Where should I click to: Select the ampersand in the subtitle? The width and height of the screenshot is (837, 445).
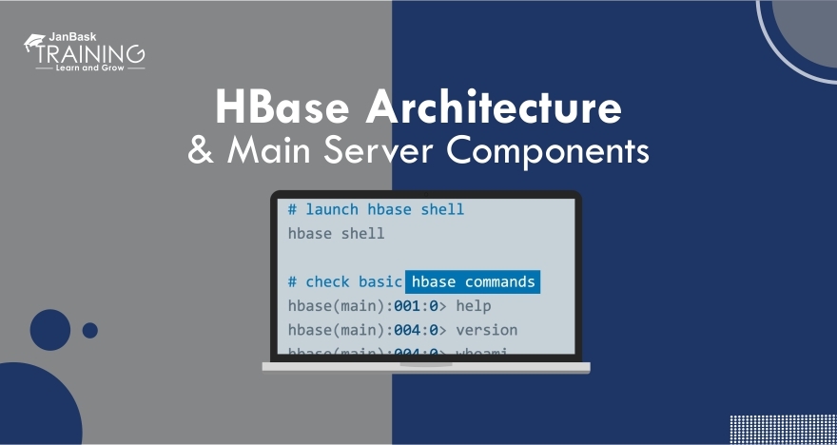(x=201, y=151)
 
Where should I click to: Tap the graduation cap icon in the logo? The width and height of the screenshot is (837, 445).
(x=35, y=40)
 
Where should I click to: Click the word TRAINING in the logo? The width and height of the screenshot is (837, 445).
(x=91, y=53)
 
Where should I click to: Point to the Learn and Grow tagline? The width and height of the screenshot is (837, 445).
(x=90, y=68)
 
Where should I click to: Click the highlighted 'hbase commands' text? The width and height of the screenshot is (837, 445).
(x=473, y=281)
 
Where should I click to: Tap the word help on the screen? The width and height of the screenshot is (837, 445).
(x=474, y=306)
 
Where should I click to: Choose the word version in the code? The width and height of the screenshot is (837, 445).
(x=487, y=330)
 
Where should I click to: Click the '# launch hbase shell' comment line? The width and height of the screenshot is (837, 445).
(x=376, y=208)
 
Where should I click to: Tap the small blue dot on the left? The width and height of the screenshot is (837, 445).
(x=90, y=330)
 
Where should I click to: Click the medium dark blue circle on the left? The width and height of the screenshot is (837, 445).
(x=50, y=330)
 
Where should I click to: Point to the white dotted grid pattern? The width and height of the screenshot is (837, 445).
(x=782, y=429)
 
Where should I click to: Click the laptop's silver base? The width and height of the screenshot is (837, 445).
(x=426, y=367)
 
